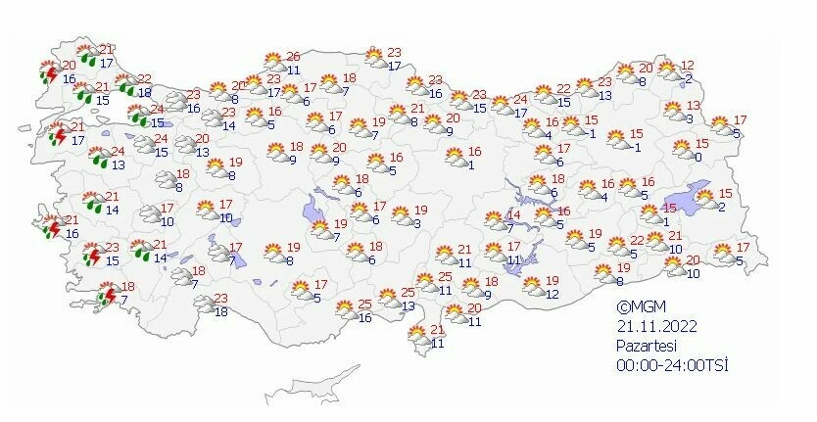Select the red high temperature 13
pos(694,105)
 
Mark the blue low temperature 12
pos(553,294)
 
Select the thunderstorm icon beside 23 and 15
pos(90,255)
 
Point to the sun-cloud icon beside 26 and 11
pos(275,63)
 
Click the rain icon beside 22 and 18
pos(124,85)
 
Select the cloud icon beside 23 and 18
pos(202,305)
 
